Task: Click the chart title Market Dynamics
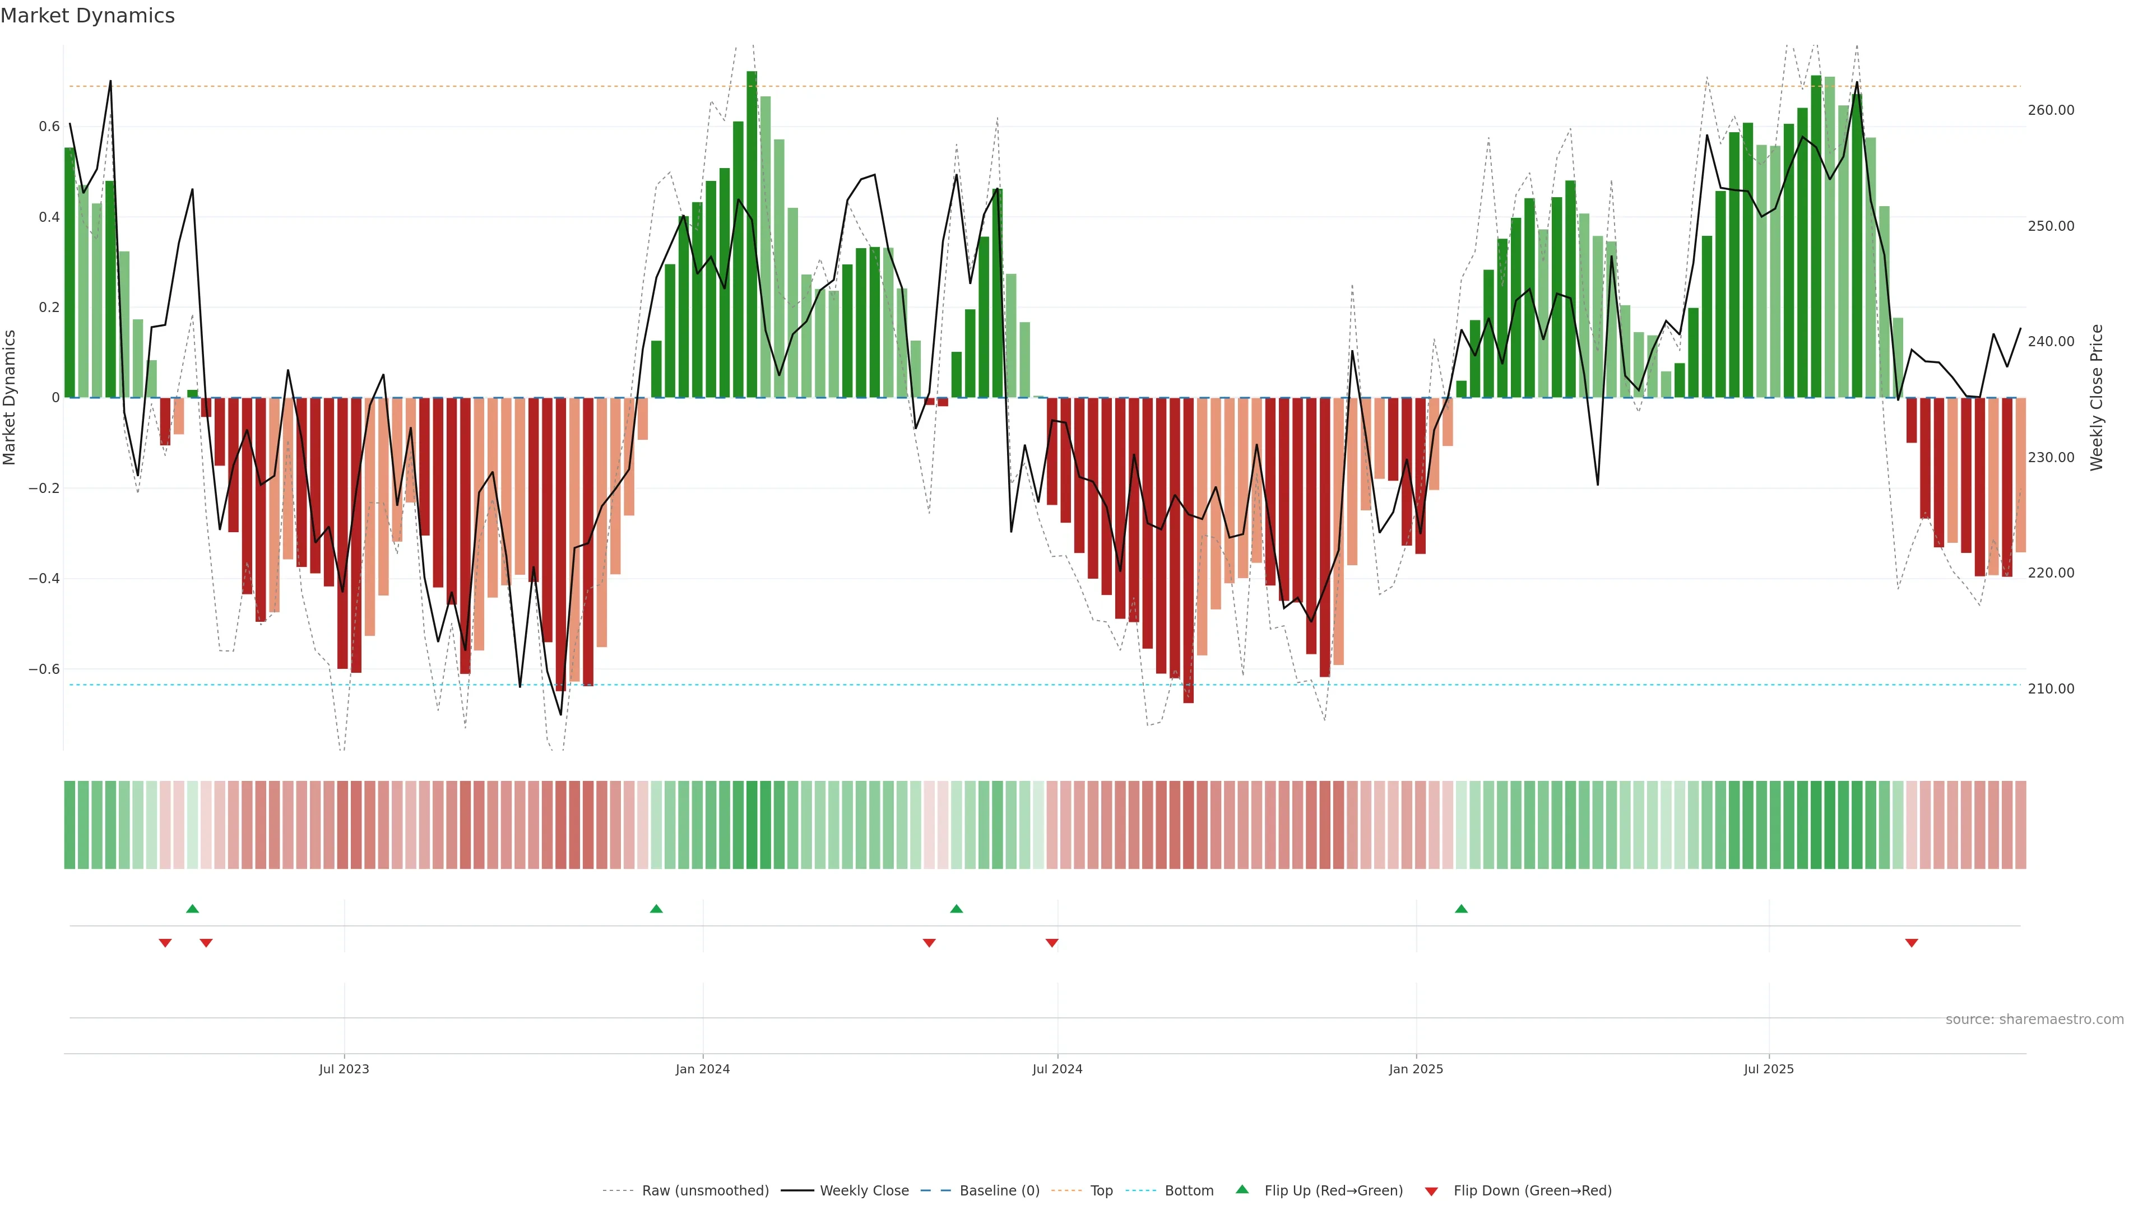tap(88, 16)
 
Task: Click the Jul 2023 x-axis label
tap(344, 1069)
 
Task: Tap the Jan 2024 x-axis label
tap(703, 1069)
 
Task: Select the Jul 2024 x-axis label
tap(1057, 1069)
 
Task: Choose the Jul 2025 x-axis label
tap(1769, 1069)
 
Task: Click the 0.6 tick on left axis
tap(49, 127)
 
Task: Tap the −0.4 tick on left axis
tap(44, 579)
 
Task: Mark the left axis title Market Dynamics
tap(10, 398)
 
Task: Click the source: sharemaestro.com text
tap(2034, 1020)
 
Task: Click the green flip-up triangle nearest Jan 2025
tap(1461, 909)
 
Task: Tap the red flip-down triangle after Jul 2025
tap(1912, 943)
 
